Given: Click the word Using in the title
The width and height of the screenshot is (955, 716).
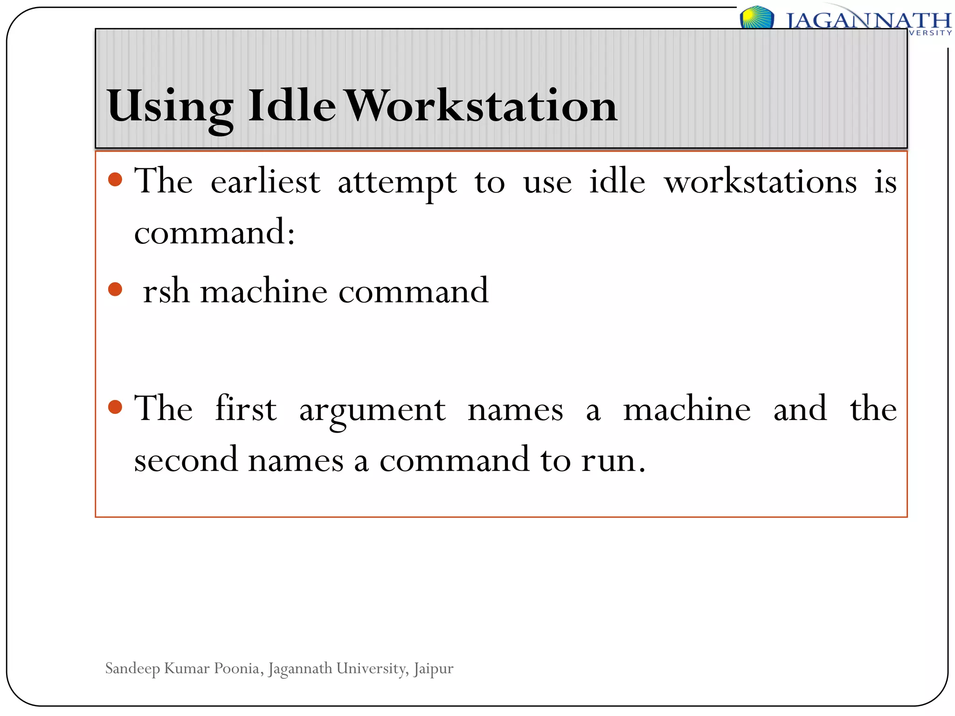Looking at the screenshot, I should point(170,107).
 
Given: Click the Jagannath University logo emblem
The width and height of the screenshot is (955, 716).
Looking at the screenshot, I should point(756,18).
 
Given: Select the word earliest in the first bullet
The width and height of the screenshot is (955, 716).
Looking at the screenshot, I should point(265,181).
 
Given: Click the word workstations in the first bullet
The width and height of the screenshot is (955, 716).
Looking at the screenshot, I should point(761,181).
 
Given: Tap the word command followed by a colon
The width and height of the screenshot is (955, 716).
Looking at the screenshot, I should point(215,232).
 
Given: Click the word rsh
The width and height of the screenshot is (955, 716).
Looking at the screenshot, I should point(166,291).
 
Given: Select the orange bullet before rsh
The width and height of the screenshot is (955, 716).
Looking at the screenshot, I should point(115,289).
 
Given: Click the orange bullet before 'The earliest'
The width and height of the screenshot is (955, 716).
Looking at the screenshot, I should point(115,179).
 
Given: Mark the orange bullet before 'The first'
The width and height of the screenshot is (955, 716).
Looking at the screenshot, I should point(115,407).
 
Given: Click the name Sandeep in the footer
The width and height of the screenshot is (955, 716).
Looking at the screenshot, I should point(132,668).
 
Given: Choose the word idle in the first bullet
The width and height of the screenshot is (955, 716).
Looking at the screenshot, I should point(617,181).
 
